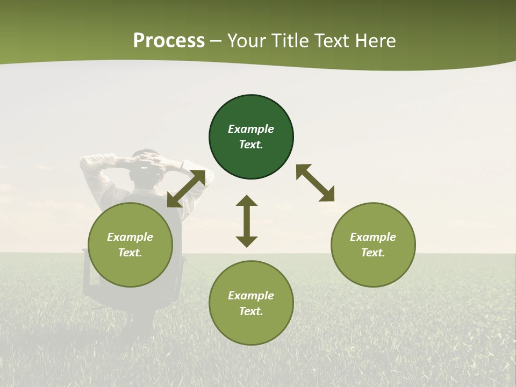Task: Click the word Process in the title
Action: [169, 41]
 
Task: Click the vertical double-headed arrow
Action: [247, 221]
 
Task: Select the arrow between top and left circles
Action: [187, 189]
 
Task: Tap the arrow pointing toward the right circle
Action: [316, 183]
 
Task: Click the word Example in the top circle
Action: [251, 129]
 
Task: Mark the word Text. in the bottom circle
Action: [251, 311]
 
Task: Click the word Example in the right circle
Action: [373, 237]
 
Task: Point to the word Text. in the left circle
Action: [130, 253]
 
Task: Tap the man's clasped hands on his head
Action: [148, 159]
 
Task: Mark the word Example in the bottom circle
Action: [251, 296]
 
